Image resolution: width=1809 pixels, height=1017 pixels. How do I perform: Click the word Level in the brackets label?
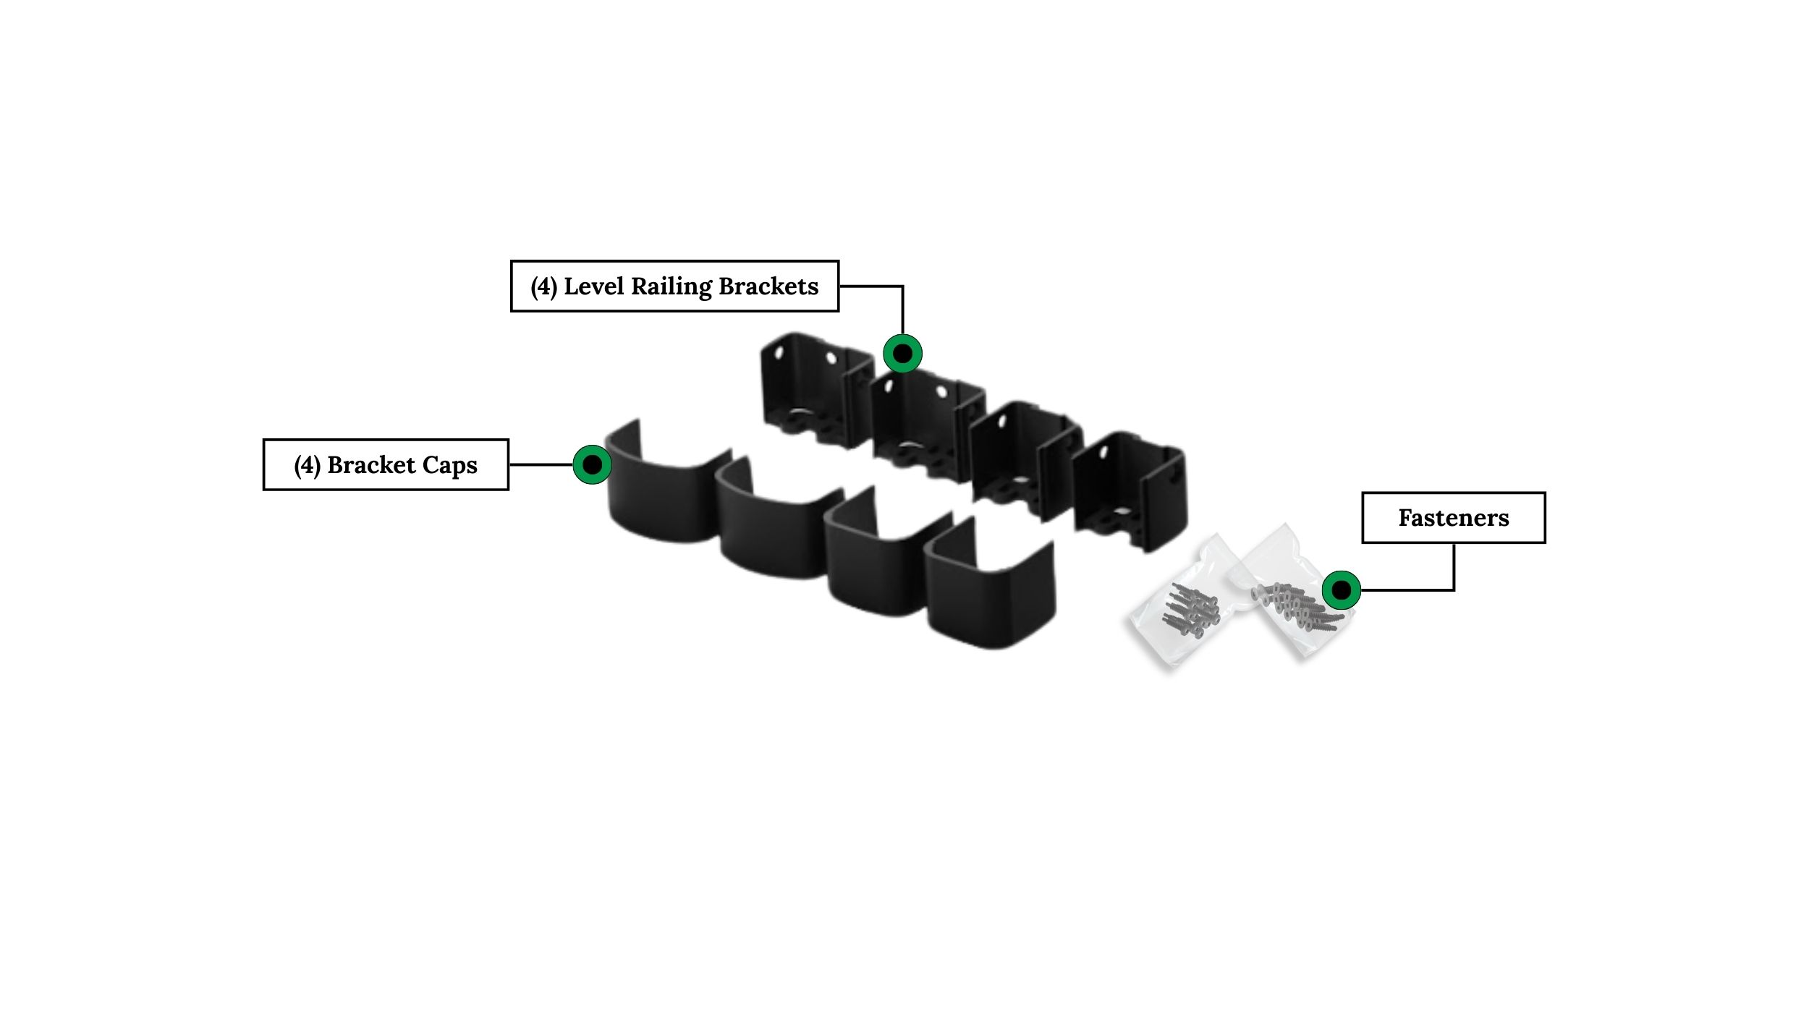point(593,286)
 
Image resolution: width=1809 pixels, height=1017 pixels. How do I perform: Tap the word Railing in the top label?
point(671,286)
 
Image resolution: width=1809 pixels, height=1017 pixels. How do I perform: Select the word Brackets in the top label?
point(768,286)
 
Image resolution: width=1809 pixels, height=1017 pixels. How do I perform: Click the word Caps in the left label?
point(449,465)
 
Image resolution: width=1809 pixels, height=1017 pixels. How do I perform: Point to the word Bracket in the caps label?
point(371,465)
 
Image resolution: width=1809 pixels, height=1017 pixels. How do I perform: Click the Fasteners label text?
point(1453,518)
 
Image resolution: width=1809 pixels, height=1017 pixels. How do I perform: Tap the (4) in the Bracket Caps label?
point(307,465)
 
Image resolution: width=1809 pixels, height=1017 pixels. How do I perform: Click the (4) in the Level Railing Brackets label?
point(543,286)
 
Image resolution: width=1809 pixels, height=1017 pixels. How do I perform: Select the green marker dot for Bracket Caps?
point(592,464)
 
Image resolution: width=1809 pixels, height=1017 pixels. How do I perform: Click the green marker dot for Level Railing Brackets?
point(902,354)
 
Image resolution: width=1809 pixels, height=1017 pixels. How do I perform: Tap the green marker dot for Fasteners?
point(1341,590)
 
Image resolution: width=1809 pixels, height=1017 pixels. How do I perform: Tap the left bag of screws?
point(1183,608)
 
